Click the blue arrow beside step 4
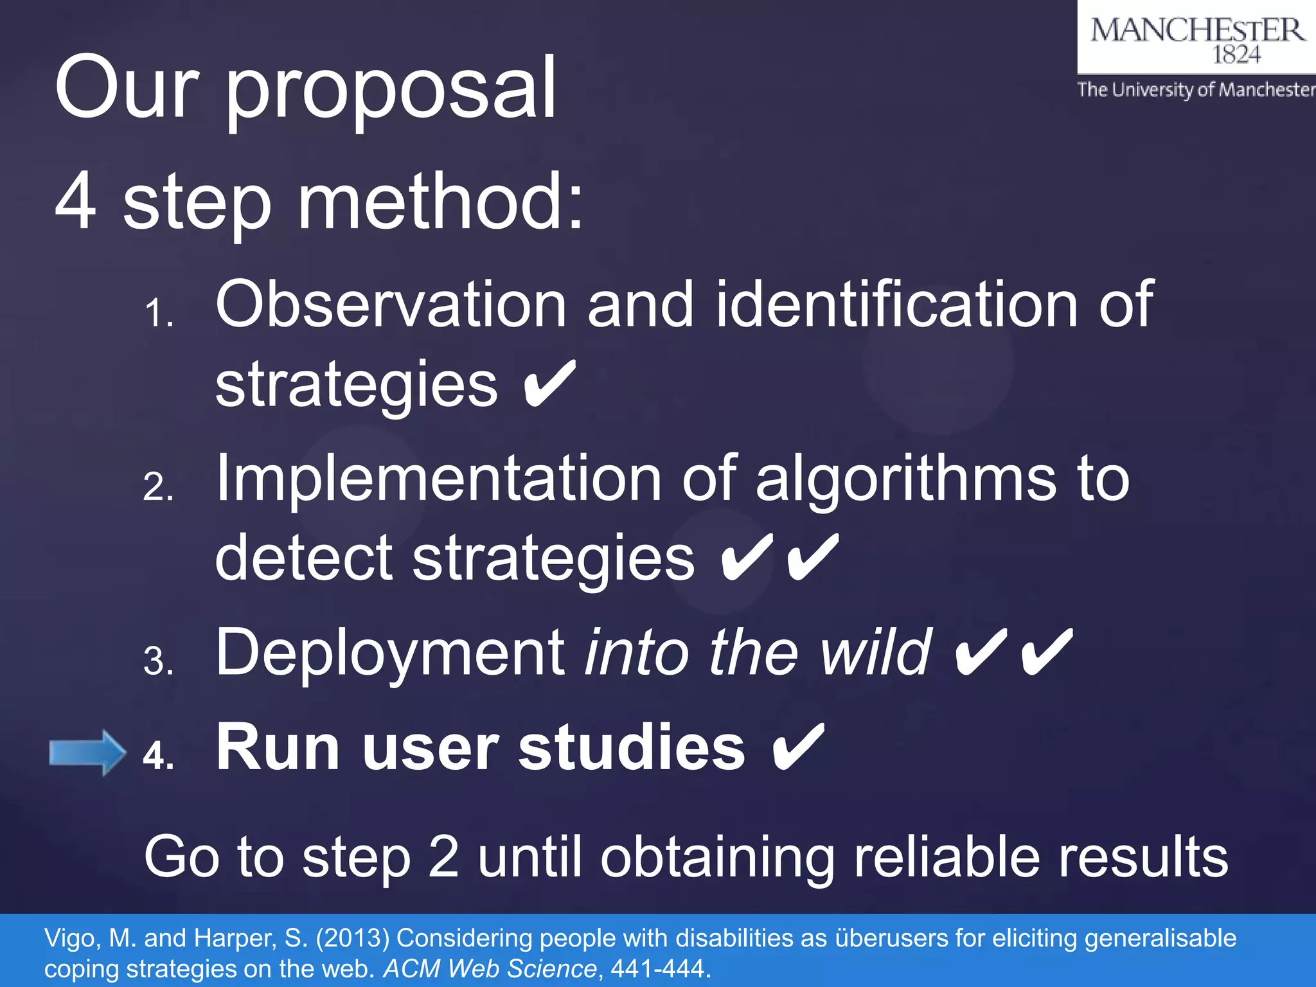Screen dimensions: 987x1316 click(87, 752)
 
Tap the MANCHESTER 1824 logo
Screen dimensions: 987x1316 click(1196, 39)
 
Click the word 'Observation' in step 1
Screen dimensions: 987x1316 click(391, 305)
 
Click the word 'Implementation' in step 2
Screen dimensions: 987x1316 click(438, 479)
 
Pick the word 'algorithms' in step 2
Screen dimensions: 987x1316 click(906, 479)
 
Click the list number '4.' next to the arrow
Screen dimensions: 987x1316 click(158, 756)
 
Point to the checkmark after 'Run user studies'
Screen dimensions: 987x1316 click(797, 747)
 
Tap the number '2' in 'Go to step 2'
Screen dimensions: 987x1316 click(443, 857)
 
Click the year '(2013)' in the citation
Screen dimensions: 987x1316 click(353, 939)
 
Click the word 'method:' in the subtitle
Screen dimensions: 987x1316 click(441, 202)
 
